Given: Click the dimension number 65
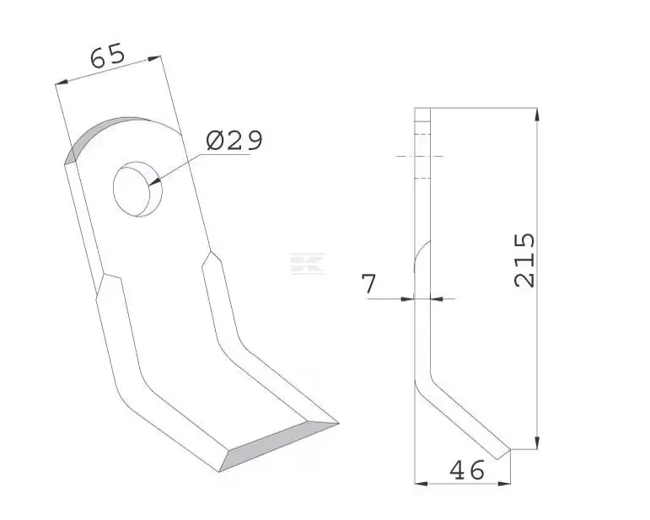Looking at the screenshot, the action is coord(107,56).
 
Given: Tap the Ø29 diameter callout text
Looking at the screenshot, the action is coord(234,140).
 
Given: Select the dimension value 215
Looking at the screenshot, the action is coord(524,260).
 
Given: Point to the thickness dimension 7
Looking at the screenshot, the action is coord(368,283).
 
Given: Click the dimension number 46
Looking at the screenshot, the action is coord(467,470).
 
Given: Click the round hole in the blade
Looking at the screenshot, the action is coord(137,189).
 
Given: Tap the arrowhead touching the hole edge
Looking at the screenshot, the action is coord(153,181).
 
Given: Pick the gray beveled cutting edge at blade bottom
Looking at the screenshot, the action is coord(278,447).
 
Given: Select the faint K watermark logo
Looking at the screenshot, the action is coord(307,264).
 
